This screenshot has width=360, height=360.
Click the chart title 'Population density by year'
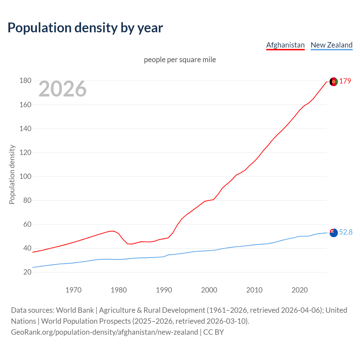pos(85,28)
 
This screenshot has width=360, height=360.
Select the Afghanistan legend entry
pos(285,45)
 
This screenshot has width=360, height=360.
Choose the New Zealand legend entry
pos(331,45)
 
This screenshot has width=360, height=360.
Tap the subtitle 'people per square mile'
pos(180,60)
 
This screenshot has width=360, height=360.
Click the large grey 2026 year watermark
pos(62,89)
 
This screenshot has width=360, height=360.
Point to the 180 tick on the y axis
pos(25,81)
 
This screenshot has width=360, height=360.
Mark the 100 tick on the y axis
pos(25,177)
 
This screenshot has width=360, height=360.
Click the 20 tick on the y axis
pos(27,272)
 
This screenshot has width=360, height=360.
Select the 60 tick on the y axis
pos(27,224)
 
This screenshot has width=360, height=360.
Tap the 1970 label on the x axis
pos(73,290)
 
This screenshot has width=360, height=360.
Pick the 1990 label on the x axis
pos(164,290)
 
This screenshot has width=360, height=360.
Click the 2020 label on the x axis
pos(300,290)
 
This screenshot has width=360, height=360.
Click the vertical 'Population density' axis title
pos(12,174)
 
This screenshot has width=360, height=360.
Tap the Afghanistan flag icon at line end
pos(334,82)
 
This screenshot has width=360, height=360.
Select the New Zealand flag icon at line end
pos(334,233)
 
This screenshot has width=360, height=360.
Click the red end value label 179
pos(345,81)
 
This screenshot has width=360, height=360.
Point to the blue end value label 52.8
pos(346,232)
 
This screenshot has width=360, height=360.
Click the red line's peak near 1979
pos(113,231)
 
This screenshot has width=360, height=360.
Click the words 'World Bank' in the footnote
pos(75,310)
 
